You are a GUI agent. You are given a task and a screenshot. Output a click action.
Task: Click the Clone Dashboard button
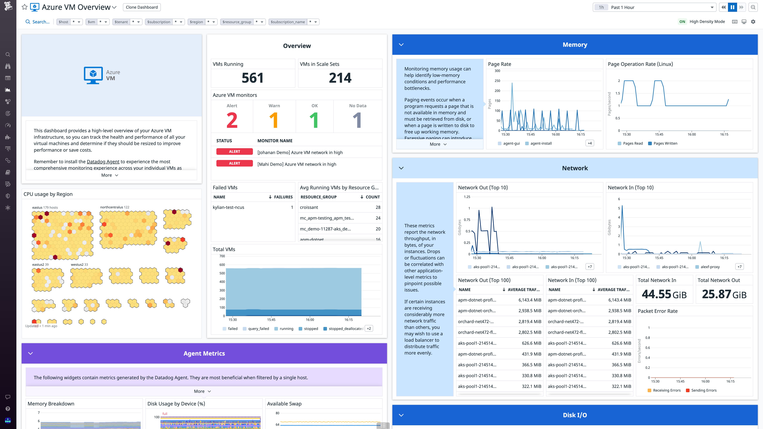click(142, 7)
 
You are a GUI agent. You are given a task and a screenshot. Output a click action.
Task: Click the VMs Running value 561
click(252, 78)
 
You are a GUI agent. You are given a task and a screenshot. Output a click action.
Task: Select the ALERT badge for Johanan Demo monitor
click(234, 152)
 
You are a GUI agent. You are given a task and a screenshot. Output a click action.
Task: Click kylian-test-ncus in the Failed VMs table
click(228, 207)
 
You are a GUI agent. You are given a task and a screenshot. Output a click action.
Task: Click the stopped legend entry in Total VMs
click(310, 329)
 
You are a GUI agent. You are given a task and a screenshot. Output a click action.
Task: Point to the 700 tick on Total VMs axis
click(222, 256)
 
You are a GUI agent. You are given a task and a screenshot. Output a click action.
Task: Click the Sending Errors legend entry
click(703, 390)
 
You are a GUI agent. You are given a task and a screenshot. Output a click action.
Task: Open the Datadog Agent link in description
click(103, 162)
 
